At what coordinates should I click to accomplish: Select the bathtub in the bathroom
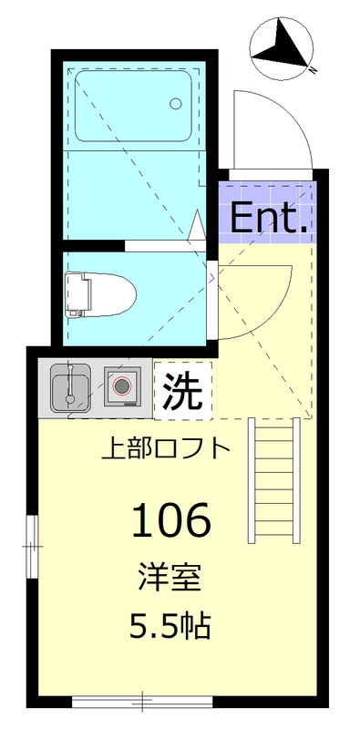tap(133, 107)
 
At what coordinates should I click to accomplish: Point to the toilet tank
tap(77, 293)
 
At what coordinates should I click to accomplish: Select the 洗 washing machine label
tap(182, 391)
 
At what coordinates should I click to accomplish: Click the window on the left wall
tap(31, 547)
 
